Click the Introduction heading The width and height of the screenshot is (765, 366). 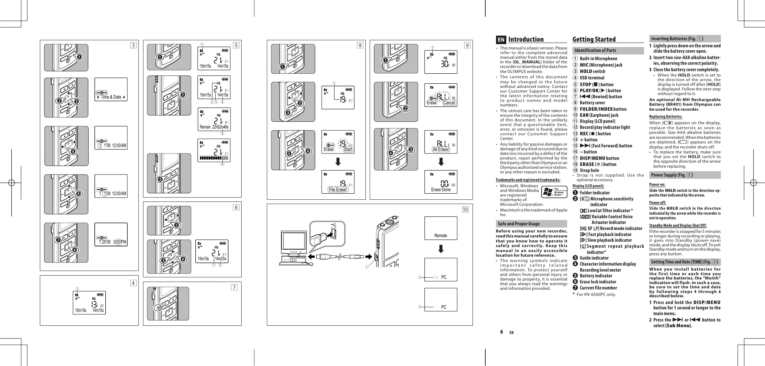click(x=526, y=40)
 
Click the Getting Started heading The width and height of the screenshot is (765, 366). click(x=594, y=40)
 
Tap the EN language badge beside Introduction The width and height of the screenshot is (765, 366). click(x=501, y=40)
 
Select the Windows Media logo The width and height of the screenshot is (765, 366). click(x=554, y=192)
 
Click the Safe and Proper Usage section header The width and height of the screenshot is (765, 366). click(x=519, y=224)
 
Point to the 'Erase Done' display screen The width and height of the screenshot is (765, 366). click(x=441, y=182)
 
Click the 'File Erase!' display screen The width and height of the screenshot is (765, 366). click(x=338, y=182)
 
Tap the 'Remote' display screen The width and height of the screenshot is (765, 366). click(x=441, y=228)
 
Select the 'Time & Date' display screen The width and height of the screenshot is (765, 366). click(x=111, y=89)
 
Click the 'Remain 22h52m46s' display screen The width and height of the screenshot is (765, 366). click(x=214, y=119)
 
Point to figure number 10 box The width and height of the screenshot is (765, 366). click(x=465, y=209)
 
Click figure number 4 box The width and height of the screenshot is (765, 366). click(x=133, y=283)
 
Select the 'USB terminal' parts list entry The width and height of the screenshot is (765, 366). click(x=592, y=78)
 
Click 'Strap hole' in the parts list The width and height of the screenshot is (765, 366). click(x=590, y=171)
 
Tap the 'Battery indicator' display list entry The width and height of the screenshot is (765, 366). click(x=596, y=276)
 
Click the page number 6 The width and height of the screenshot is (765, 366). click(x=501, y=332)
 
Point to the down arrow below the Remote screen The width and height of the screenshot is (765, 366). click(x=441, y=249)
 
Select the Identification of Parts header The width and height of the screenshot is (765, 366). click(x=595, y=51)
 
